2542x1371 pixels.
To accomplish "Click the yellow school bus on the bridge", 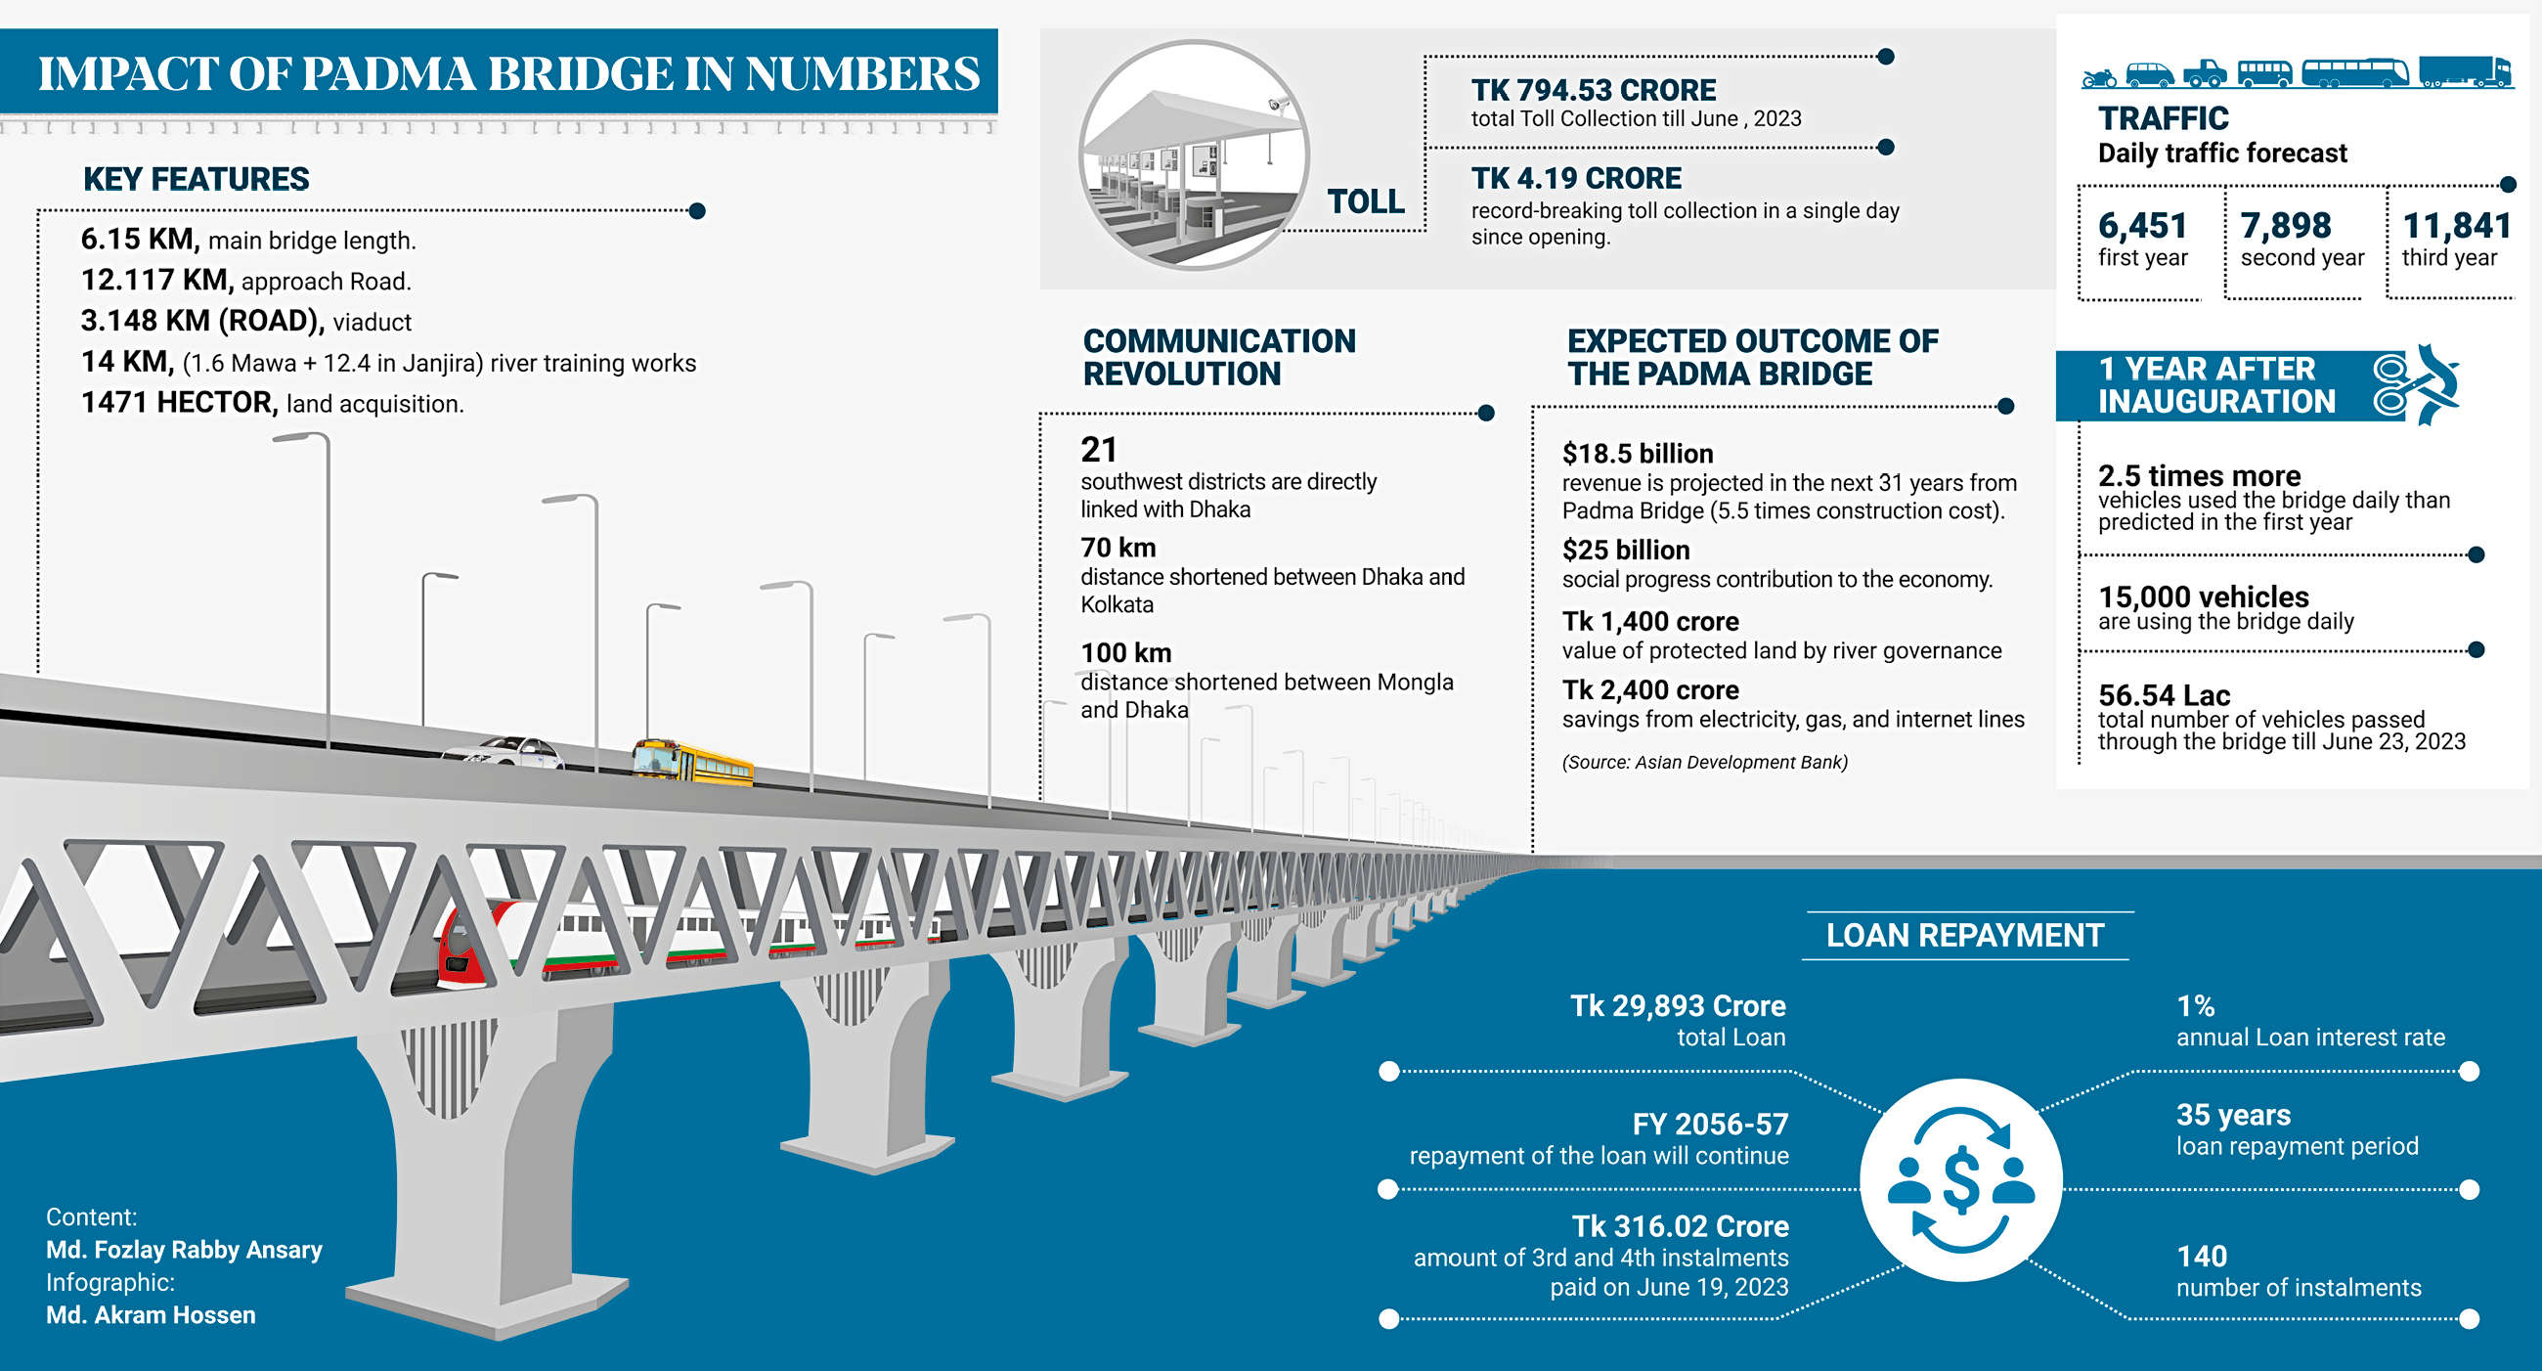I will pos(693,763).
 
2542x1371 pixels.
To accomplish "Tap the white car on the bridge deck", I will pos(505,754).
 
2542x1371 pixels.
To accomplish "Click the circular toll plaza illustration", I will pos(1194,155).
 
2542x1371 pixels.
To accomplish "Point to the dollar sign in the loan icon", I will pos(1960,1179).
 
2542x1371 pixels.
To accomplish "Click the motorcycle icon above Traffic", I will pos(2099,76).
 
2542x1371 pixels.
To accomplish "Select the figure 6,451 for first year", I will pos(2142,226).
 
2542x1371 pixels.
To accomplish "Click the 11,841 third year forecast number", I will pos(2456,226).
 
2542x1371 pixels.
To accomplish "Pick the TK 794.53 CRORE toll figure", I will pos(1593,91).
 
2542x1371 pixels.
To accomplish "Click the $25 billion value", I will pos(1625,550).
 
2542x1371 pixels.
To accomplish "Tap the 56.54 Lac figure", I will pos(2163,695).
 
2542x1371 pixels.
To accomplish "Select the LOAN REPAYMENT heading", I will pos(1965,935).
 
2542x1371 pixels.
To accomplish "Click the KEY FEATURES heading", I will pos(196,179).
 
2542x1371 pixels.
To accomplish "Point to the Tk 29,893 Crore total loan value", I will pos(1678,1006).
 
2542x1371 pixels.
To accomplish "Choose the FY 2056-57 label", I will pos(1709,1125).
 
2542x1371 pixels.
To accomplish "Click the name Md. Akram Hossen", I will pos(151,1314).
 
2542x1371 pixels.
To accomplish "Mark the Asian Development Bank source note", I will pos(1704,762).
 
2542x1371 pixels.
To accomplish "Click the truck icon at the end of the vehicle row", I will pos(2464,72).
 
